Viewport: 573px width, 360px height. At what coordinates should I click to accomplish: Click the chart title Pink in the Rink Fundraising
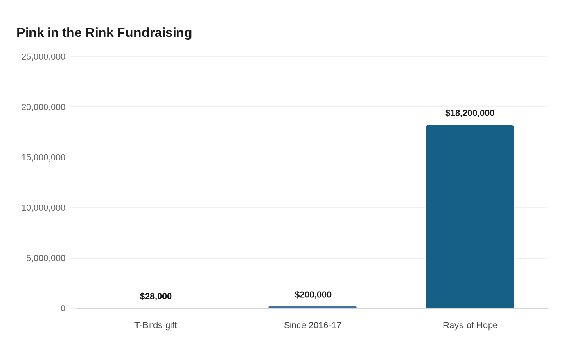[x=104, y=33]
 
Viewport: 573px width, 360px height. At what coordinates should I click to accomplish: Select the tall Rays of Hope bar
[x=470, y=216]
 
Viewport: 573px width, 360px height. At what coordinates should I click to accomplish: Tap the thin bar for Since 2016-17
[x=313, y=307]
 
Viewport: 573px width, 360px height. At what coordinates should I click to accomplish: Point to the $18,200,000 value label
[x=470, y=113]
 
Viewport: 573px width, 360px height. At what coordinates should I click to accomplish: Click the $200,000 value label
[x=313, y=295]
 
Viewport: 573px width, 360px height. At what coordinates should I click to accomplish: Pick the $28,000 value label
[x=156, y=296]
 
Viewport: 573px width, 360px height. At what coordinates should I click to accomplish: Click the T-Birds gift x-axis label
[x=156, y=325]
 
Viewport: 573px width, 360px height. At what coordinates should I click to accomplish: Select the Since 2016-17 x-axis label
[x=313, y=325]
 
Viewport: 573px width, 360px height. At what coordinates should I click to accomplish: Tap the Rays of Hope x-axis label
[x=470, y=325]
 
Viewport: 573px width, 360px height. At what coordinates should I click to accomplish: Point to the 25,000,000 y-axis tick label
[x=43, y=57]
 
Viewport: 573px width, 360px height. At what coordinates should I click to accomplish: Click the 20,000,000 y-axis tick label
[x=43, y=107]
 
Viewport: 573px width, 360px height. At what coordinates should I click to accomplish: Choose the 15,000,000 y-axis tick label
[x=43, y=157]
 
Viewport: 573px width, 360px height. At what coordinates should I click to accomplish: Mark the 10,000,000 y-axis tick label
[x=43, y=208]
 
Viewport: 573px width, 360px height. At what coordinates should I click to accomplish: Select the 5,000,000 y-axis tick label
[x=46, y=258]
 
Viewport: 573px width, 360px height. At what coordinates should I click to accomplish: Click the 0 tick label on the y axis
[x=63, y=308]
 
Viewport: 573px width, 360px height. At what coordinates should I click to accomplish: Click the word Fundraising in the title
[x=155, y=33]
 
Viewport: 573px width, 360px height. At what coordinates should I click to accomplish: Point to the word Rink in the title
[x=99, y=32]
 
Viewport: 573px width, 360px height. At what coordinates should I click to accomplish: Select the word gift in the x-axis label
[x=171, y=326]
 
